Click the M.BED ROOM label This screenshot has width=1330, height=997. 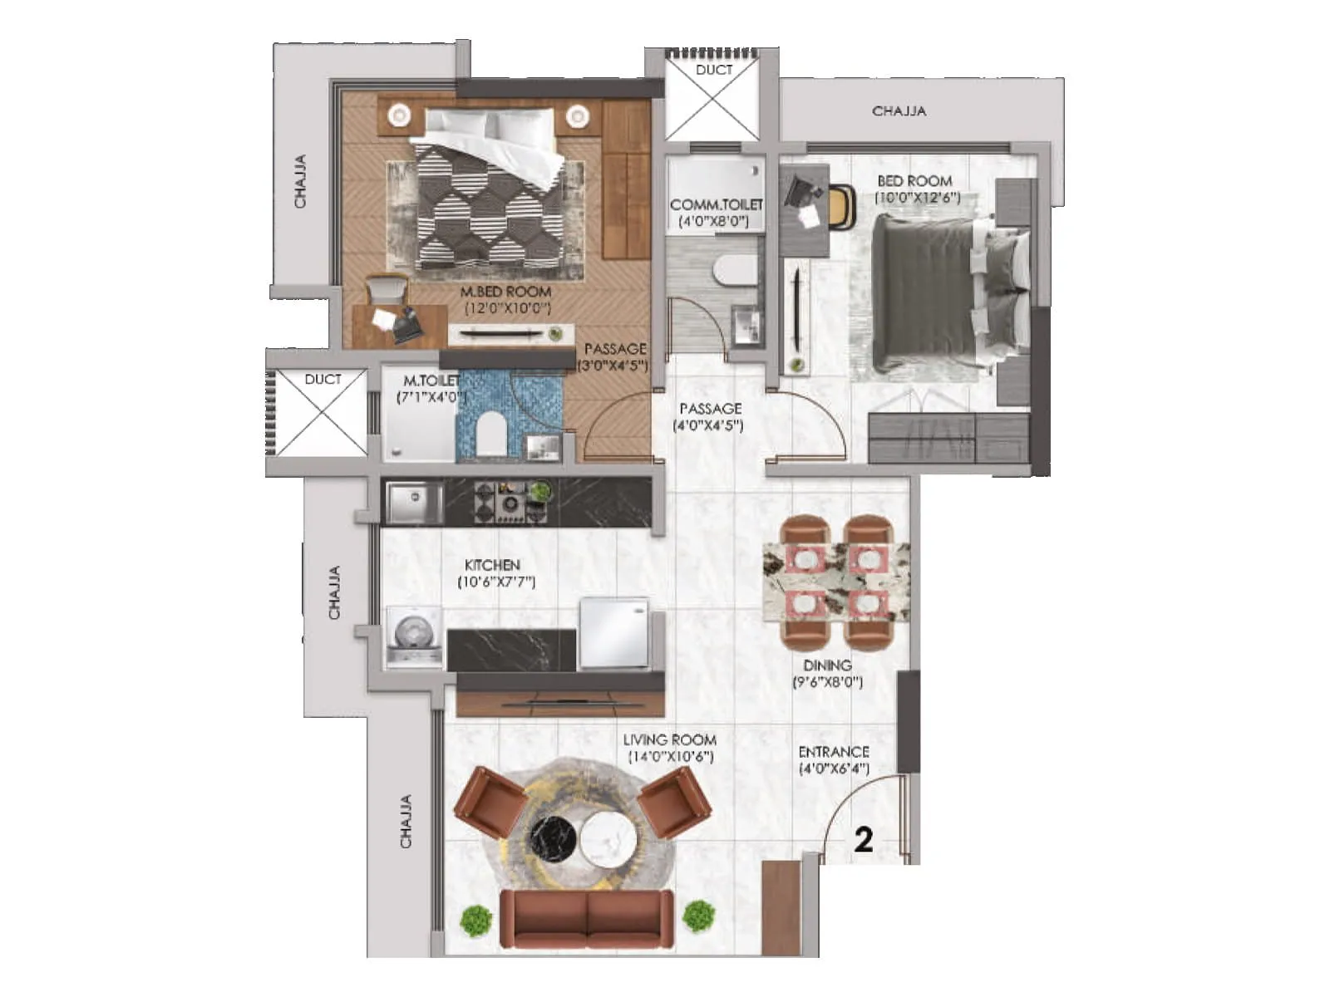(x=505, y=292)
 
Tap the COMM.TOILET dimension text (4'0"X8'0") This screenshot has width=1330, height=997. (x=713, y=221)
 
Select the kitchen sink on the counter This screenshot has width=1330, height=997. (x=413, y=503)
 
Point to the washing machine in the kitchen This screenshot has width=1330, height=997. (x=414, y=636)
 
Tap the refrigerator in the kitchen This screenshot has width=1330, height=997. (x=613, y=631)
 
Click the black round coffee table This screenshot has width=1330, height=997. (x=554, y=840)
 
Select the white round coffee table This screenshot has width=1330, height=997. (x=608, y=840)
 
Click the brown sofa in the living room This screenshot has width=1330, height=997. (x=587, y=919)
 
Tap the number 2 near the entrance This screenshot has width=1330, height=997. (x=864, y=840)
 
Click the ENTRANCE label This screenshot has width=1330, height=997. (x=834, y=752)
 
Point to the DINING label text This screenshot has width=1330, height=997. (x=827, y=665)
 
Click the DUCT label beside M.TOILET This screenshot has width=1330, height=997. (x=323, y=379)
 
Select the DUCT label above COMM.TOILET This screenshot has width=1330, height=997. (x=714, y=70)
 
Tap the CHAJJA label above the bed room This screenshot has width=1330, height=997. (x=899, y=111)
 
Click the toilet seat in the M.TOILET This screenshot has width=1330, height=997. (x=491, y=431)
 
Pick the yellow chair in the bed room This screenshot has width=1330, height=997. (x=841, y=206)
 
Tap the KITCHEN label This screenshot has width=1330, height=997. (x=492, y=565)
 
